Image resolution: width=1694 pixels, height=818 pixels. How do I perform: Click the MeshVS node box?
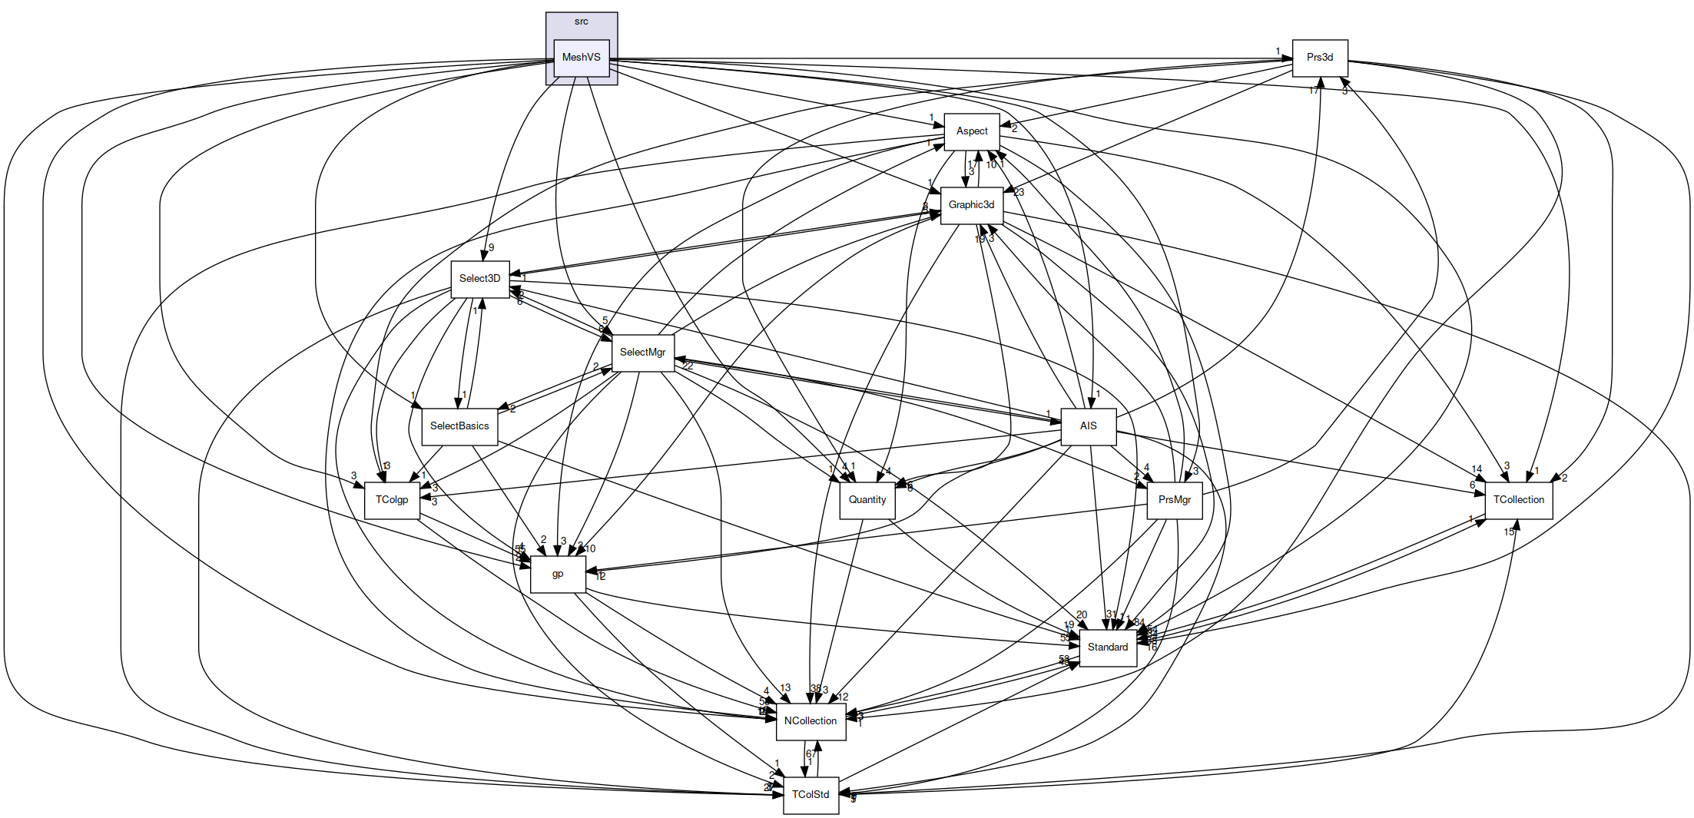coord(582,58)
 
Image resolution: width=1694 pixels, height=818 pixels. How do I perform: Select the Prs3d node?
coord(1320,58)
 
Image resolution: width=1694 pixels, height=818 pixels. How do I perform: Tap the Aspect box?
coord(972,131)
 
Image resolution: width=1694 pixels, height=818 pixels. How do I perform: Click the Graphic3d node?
coord(972,205)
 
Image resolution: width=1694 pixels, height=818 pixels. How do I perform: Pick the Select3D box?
coord(480,279)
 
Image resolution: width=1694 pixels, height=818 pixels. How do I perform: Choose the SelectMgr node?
coord(643,353)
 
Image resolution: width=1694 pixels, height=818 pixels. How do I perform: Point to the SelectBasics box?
coord(459,426)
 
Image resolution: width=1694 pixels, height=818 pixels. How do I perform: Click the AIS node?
coord(1089,426)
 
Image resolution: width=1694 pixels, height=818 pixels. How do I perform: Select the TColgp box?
coord(392,500)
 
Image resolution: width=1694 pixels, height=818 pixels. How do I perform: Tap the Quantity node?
coord(867,500)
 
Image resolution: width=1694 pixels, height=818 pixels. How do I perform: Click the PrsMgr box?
coord(1175,500)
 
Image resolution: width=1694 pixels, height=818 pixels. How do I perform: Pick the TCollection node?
coord(1519,500)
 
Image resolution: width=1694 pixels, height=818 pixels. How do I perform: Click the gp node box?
coord(558,574)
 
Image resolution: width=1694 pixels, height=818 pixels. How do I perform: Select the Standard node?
coord(1108,647)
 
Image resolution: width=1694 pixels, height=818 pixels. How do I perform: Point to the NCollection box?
coord(811,721)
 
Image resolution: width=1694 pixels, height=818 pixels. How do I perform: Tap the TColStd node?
coord(811,795)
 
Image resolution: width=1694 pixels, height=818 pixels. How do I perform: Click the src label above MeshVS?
coord(582,22)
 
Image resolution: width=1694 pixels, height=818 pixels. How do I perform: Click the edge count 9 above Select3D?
coord(492,247)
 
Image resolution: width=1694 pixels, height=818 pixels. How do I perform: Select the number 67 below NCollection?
coord(811,753)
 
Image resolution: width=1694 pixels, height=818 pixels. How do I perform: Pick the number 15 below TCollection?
coord(1509,532)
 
